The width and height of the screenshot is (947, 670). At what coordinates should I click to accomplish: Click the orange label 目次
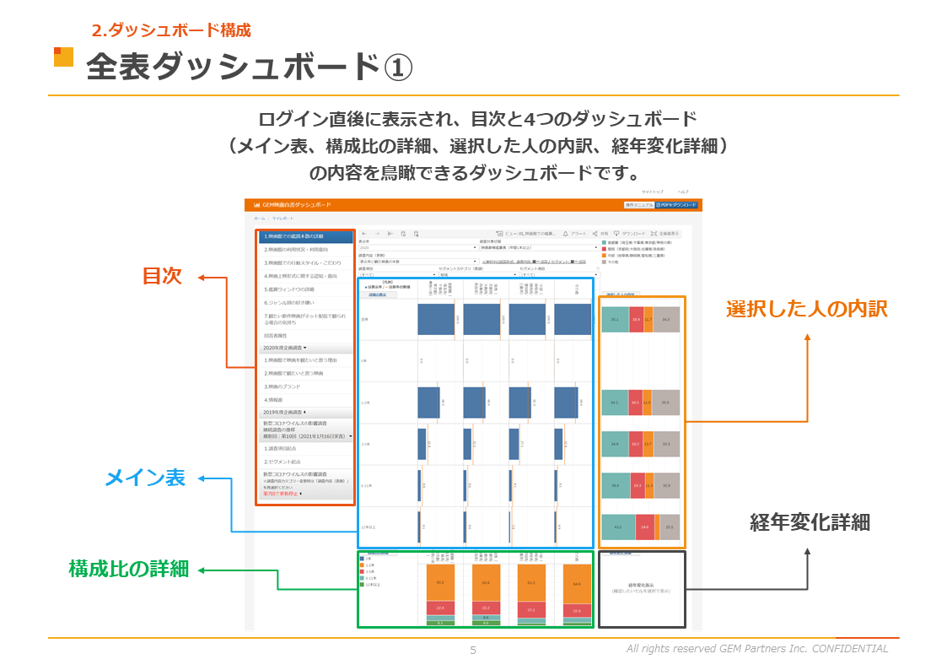[163, 276]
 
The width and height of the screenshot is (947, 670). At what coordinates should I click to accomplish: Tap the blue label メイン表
[144, 478]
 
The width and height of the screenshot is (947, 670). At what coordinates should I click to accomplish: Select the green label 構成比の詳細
[128, 569]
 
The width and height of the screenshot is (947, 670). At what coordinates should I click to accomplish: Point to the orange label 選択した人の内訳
[806, 309]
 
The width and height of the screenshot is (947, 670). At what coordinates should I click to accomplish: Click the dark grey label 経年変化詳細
[810, 522]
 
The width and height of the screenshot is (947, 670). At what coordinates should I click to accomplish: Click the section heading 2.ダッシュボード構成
[171, 30]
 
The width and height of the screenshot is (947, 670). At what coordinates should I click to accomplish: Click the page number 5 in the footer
[473, 650]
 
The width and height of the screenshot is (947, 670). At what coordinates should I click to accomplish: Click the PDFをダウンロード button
[677, 205]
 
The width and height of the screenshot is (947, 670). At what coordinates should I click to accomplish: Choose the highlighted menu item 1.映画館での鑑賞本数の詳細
[304, 236]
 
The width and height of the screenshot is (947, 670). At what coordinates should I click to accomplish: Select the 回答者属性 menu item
[276, 335]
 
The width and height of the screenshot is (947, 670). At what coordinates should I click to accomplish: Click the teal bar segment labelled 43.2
[618, 527]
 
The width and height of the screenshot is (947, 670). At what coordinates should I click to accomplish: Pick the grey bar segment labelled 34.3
[666, 320]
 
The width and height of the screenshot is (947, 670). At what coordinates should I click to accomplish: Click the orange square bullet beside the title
[63, 57]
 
